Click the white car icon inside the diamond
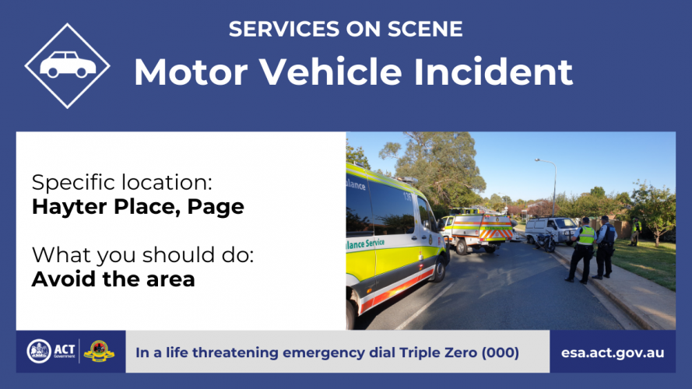point(68,65)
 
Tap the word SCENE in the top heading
point(425,29)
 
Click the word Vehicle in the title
point(331,72)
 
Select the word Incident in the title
point(494,72)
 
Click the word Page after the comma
point(216,207)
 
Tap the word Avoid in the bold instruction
point(64,279)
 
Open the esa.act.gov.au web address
point(613,353)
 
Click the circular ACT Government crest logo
point(39,352)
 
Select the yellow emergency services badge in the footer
point(99,352)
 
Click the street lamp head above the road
point(538,159)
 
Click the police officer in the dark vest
point(605,247)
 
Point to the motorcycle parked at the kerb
point(546,241)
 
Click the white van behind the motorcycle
point(551,230)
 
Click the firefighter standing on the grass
point(635,232)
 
